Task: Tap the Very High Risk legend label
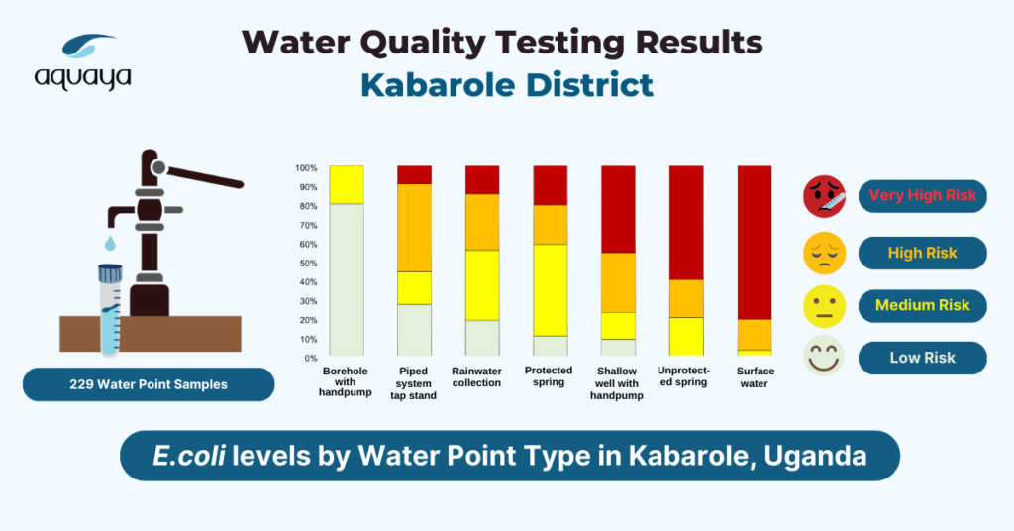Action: tap(922, 195)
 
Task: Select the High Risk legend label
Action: tap(922, 253)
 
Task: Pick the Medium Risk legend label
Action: tap(922, 306)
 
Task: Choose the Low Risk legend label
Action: tap(922, 358)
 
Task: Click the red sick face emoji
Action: tap(824, 196)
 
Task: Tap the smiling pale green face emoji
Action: tap(824, 357)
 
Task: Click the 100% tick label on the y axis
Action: tap(305, 167)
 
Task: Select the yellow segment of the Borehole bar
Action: tap(347, 184)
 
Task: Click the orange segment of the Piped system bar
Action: tap(414, 228)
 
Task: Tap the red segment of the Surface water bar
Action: tap(754, 242)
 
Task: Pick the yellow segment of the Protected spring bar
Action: tap(550, 289)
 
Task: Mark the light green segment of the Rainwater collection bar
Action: tap(482, 338)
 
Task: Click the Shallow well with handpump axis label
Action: tap(618, 383)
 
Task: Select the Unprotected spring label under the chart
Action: tap(685, 377)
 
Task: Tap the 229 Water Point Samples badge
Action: tap(149, 384)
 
